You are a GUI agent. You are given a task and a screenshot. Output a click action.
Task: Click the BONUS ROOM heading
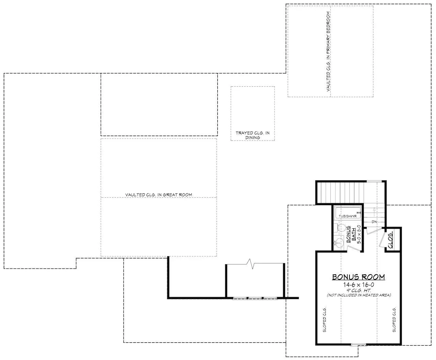(358, 277)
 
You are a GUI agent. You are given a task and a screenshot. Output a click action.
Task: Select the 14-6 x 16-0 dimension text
(359, 285)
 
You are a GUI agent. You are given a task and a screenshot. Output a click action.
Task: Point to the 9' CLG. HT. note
(359, 290)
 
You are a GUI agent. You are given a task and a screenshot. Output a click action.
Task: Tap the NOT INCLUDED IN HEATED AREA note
(359, 295)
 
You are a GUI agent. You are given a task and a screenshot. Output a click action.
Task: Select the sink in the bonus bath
(339, 243)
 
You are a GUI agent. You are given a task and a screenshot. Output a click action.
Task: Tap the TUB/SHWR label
(347, 216)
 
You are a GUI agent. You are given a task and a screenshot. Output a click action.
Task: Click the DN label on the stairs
(374, 222)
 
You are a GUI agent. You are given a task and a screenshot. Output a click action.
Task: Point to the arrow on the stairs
(374, 213)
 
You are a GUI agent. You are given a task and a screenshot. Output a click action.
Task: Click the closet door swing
(382, 240)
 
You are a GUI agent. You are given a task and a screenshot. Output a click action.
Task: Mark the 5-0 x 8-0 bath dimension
(359, 234)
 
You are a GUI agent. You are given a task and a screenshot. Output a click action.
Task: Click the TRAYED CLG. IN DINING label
(253, 135)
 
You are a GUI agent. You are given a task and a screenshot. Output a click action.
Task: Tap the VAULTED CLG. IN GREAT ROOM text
(159, 195)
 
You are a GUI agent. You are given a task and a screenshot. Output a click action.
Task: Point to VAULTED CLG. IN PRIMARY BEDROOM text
(328, 51)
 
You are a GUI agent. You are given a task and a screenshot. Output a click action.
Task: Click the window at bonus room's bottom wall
(358, 345)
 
